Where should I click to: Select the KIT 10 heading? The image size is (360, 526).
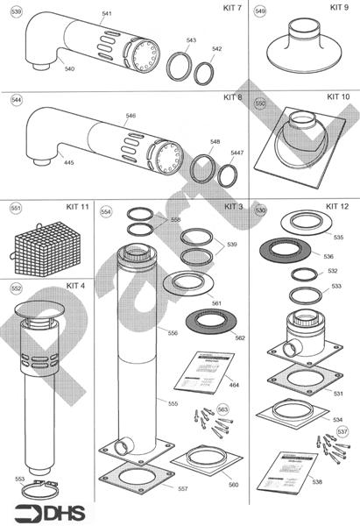(x=338, y=96)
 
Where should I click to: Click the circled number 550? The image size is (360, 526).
(x=259, y=103)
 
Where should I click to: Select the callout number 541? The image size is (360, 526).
(x=107, y=15)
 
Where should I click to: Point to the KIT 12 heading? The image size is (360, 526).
(x=337, y=206)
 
